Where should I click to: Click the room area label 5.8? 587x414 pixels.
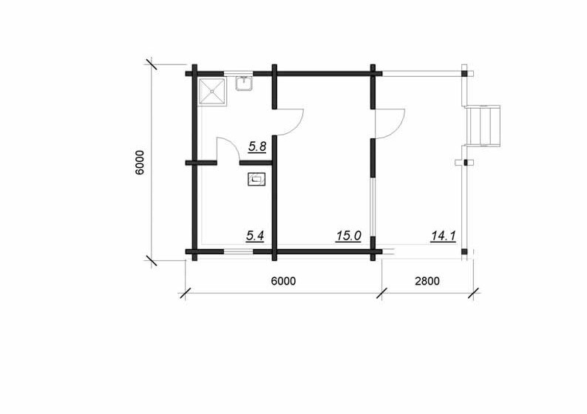[x=257, y=146]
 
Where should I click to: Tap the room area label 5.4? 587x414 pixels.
[x=255, y=236]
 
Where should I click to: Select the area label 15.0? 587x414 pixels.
[x=348, y=236]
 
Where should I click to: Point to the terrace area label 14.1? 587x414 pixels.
[x=444, y=236]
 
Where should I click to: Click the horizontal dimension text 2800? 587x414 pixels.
[x=427, y=281]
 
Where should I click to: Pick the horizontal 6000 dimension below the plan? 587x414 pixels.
[x=283, y=281]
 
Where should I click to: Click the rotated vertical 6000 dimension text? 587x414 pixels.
[x=139, y=163]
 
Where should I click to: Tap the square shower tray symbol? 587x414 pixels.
[x=212, y=92]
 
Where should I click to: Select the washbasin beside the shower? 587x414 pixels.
[x=244, y=83]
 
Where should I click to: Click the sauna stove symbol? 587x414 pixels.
[x=257, y=180]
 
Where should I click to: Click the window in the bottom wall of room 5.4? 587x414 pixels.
[x=238, y=251]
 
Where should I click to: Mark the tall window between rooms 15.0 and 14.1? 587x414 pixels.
[x=373, y=206]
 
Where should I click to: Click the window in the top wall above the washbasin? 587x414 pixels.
[x=239, y=73]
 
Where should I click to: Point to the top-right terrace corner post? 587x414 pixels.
[x=464, y=73]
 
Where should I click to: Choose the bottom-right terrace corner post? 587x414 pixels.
[x=464, y=251]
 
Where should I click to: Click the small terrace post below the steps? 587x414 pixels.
[x=466, y=163]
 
